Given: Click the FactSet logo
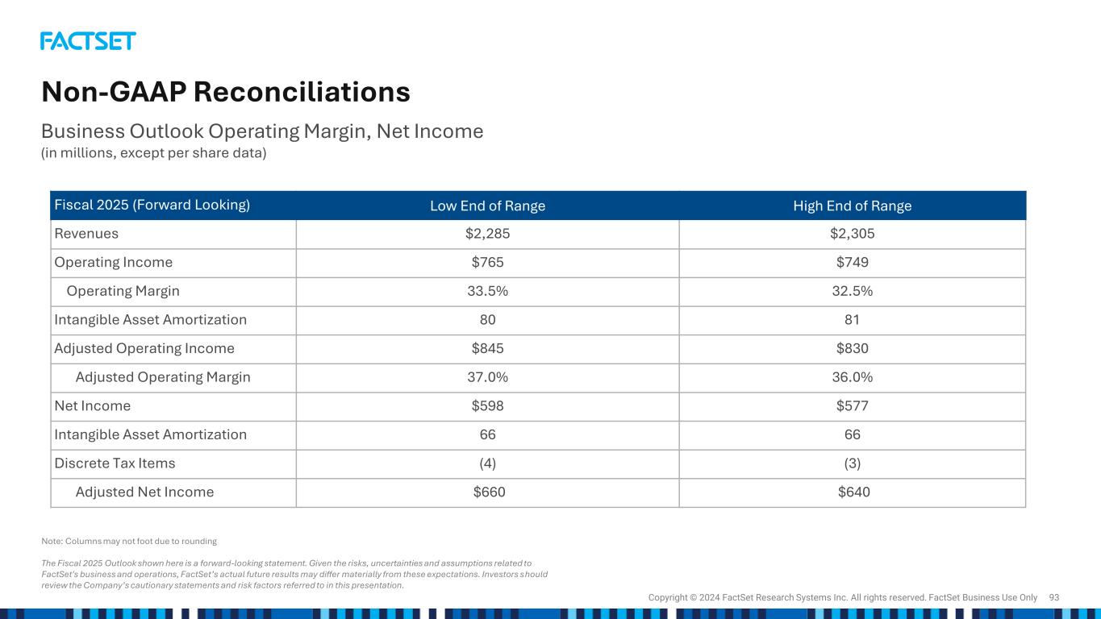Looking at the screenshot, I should click(x=88, y=41).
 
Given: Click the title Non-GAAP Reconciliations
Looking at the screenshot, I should click(x=226, y=93).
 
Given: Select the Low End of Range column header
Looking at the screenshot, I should click(x=487, y=206).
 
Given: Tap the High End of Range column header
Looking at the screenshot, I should click(x=852, y=206).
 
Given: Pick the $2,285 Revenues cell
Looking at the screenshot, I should click(x=487, y=234).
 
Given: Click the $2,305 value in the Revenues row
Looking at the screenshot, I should click(x=852, y=234).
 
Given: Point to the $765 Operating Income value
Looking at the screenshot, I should click(x=487, y=263).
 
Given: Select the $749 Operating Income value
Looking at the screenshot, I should click(x=852, y=263).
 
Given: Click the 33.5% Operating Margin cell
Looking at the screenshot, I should click(x=487, y=291).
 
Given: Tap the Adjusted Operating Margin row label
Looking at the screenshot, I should click(x=162, y=377).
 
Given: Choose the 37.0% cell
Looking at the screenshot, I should click(x=487, y=377).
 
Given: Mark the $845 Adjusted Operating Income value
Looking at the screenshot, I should click(x=487, y=348).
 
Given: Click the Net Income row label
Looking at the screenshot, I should click(x=92, y=406).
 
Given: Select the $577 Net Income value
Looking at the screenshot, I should click(x=852, y=406).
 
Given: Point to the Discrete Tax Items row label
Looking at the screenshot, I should click(x=115, y=463).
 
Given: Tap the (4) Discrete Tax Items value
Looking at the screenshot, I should click(x=487, y=463).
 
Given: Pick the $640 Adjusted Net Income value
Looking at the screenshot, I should click(x=853, y=492).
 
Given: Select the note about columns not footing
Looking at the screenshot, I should click(x=129, y=541).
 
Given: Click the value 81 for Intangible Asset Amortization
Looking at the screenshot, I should click(x=852, y=320).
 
